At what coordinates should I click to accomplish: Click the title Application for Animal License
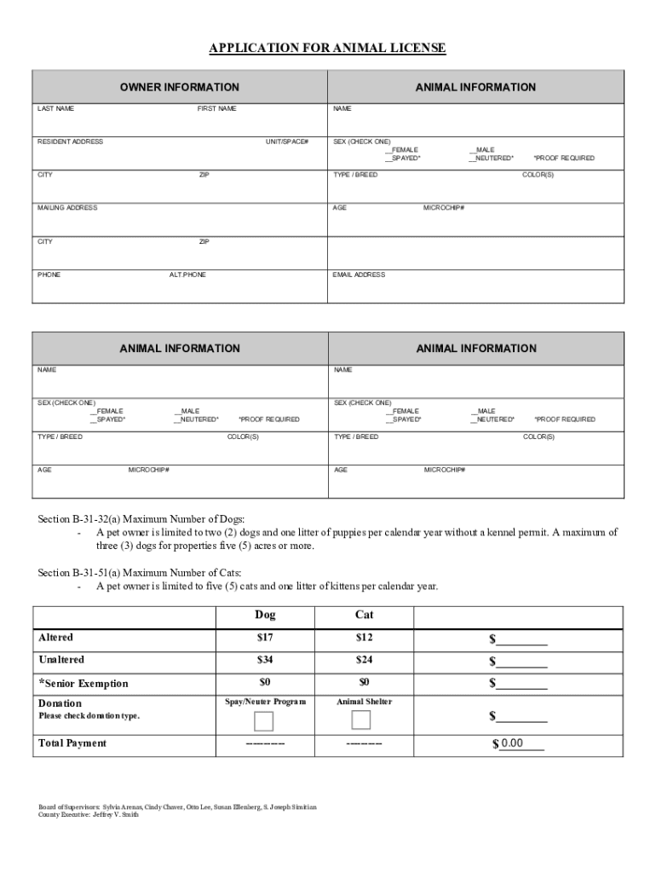(328, 49)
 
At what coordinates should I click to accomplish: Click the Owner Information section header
(179, 87)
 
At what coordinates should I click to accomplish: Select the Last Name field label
(55, 109)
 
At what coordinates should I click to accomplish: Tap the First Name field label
(217, 109)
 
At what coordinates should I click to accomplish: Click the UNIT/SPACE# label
(287, 142)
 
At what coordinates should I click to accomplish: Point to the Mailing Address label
(67, 208)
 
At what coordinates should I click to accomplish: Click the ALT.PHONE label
(187, 275)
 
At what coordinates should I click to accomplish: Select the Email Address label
(359, 275)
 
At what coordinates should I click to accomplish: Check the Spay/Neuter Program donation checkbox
(264, 721)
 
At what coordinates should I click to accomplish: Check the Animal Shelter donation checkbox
(361, 720)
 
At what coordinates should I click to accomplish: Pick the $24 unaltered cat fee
(364, 660)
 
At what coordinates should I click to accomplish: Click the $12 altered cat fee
(364, 638)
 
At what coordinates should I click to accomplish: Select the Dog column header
(265, 615)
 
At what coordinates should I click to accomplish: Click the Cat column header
(364, 615)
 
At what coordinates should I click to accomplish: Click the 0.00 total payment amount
(512, 743)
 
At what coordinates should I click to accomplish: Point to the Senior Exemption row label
(83, 683)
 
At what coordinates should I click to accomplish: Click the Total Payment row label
(72, 743)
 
